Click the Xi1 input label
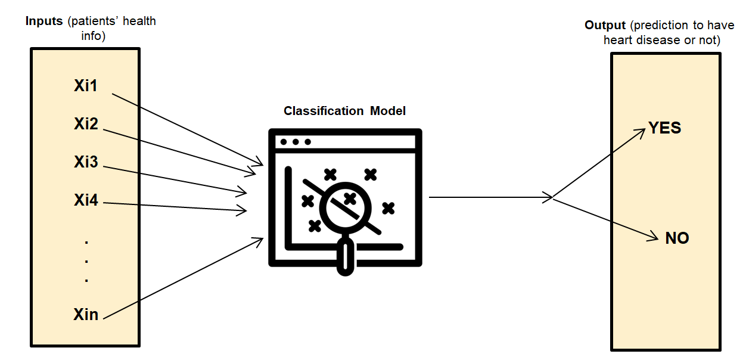tap(86, 86)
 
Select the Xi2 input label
tap(86, 124)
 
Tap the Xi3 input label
tap(86, 162)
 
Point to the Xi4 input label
tap(86, 200)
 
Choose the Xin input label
tap(86, 314)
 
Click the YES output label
tap(664, 128)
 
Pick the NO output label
tap(677, 238)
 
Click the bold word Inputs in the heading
tap(44, 21)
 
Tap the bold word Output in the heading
tap(605, 25)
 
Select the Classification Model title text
tap(345, 111)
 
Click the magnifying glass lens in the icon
tap(346, 206)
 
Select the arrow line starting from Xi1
tap(185, 128)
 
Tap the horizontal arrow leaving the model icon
tap(489, 197)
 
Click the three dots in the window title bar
tap(295, 142)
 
